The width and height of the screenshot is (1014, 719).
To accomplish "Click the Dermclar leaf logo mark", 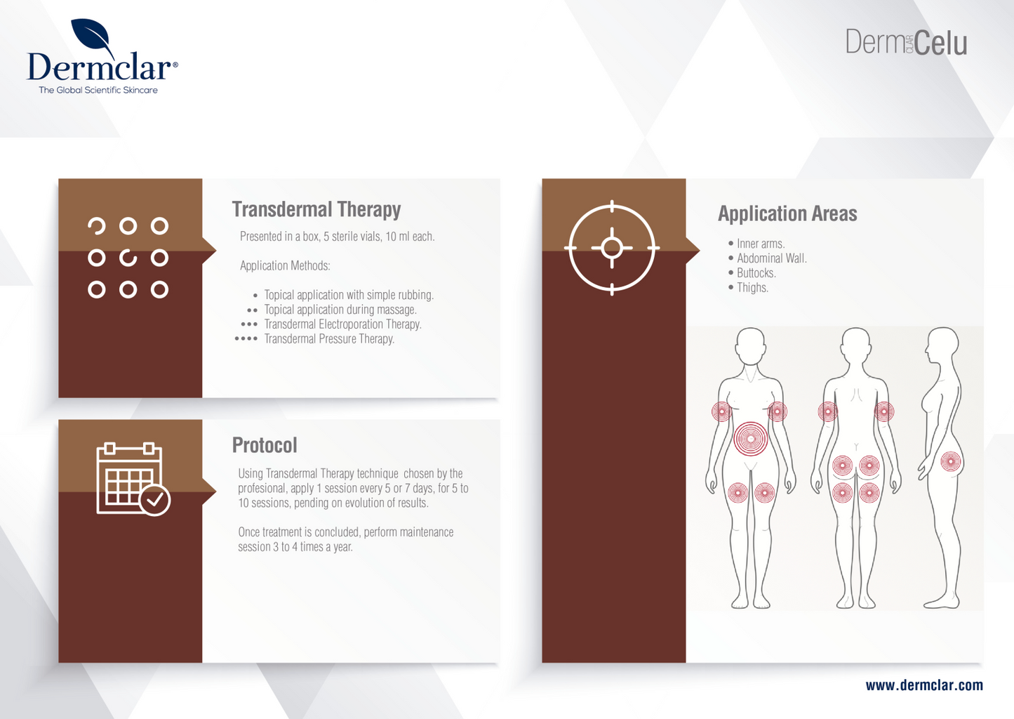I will pos(93,37).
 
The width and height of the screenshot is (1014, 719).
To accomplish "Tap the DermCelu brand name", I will pos(905,43).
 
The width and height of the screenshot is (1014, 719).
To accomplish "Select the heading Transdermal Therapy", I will pos(316,209).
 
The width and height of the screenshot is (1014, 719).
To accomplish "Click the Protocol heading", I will pos(265,445).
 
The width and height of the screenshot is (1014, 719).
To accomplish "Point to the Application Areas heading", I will pos(787,213).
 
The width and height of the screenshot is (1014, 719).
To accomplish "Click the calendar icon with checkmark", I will pos(133,480).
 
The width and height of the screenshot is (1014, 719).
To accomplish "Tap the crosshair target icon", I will pos(612,248).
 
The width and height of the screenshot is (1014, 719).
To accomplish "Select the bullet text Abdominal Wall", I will pos(771,258).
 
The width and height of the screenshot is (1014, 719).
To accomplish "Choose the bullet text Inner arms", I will pos(760,244).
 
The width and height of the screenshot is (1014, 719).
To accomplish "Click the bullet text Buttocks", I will pos(756,273).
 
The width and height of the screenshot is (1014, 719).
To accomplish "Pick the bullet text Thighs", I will pos(752,288).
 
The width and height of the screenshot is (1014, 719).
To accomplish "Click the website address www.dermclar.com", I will pos(923,685).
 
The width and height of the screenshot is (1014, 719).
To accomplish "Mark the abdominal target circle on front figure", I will pos(750,439).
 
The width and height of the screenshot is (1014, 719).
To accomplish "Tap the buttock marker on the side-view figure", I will pos(950,462).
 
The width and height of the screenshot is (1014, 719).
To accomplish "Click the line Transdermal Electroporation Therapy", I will pos(342,324).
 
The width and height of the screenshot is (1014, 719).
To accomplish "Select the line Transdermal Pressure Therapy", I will pos(329,339).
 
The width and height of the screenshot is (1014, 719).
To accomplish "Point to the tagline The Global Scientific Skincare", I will pos(98,90).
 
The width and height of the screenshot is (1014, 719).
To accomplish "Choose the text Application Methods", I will pos(285,265).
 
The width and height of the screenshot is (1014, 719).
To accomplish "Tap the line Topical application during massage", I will pos(340,310).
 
